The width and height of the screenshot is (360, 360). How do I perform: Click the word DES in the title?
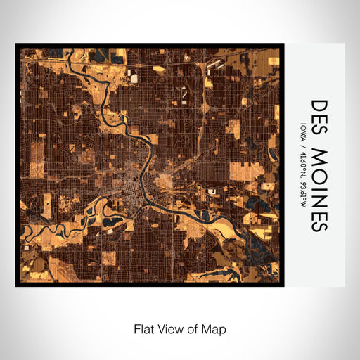(x=319, y=113)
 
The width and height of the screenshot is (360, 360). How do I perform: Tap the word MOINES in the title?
(x=319, y=189)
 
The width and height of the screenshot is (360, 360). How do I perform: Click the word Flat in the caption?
(x=143, y=328)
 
